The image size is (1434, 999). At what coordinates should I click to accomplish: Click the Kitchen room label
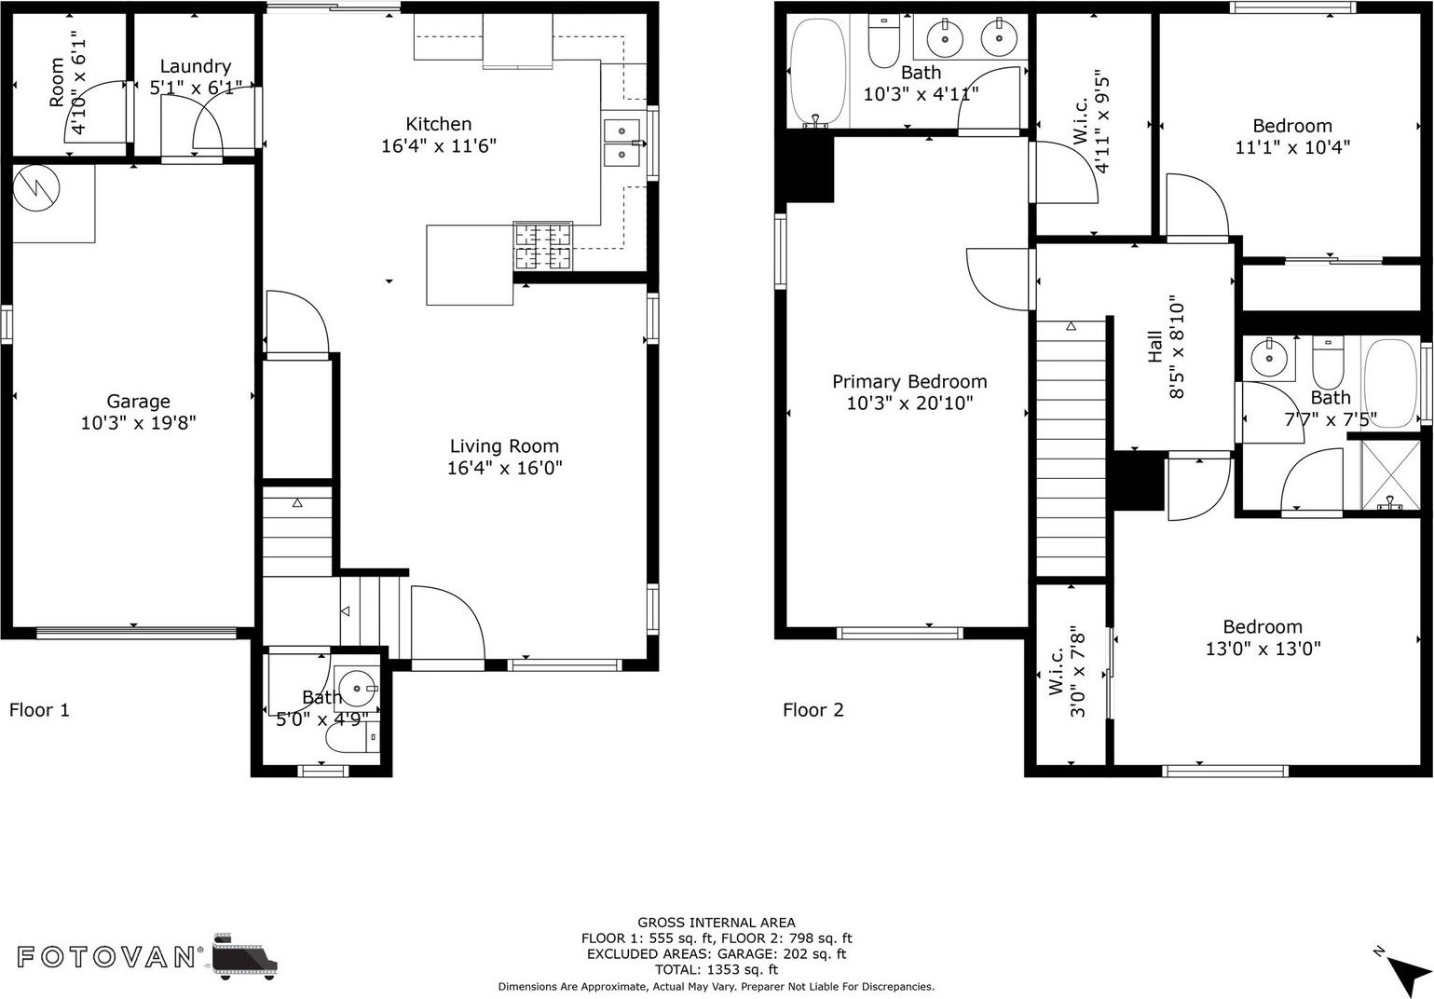tap(439, 124)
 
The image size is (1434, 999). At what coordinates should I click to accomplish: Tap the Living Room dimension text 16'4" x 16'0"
tap(504, 468)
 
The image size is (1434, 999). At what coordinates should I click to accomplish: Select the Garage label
tap(138, 402)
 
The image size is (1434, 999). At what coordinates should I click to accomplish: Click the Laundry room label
tap(196, 66)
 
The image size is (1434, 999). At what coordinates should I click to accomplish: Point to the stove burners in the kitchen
tap(543, 247)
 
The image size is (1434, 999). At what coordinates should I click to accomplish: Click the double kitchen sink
tap(621, 143)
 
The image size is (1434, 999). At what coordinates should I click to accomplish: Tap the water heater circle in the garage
tap(36, 188)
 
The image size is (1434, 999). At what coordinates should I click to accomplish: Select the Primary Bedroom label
tap(909, 382)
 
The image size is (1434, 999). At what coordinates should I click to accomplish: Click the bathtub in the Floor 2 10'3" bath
tap(817, 72)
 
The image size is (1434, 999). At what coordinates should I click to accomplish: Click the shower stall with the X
tap(1390, 474)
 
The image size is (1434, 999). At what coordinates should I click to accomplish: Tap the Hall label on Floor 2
tap(1154, 347)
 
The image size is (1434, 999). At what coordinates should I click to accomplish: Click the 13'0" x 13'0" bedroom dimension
tap(1263, 649)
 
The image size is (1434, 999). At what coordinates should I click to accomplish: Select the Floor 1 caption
tap(39, 709)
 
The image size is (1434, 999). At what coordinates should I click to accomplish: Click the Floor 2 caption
tap(813, 709)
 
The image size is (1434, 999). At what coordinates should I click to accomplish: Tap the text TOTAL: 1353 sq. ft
tap(717, 969)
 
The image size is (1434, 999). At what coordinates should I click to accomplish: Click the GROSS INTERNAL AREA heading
tap(717, 923)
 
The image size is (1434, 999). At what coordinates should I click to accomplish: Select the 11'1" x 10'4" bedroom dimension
tap(1292, 147)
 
